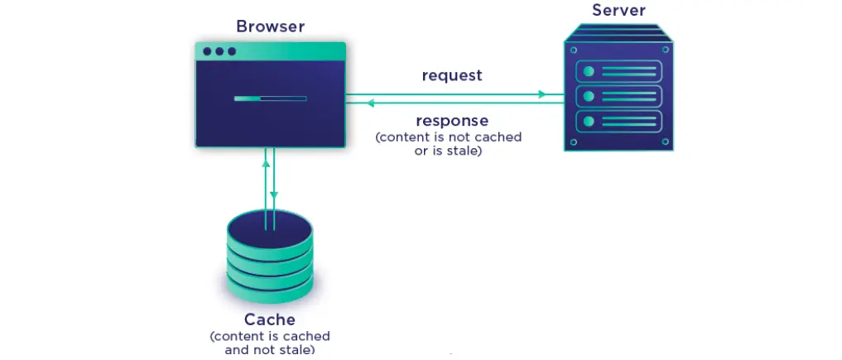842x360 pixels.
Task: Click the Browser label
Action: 270,26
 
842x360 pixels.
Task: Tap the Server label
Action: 618,10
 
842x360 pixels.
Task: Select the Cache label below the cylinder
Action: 270,319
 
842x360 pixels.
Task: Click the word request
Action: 451,75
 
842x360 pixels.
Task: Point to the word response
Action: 452,121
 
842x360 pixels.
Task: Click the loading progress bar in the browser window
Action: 270,98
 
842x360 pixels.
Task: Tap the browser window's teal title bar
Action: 270,51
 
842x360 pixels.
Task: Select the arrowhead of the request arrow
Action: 542,94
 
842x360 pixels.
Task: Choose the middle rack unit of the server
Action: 618,96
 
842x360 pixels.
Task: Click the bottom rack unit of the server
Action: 618,122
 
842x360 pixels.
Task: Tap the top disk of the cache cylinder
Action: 270,225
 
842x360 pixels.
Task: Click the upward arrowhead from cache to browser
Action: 266,162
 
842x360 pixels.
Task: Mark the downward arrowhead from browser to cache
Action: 274,195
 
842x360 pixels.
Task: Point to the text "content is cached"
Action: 270,337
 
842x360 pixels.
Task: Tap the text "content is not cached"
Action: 449,137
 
